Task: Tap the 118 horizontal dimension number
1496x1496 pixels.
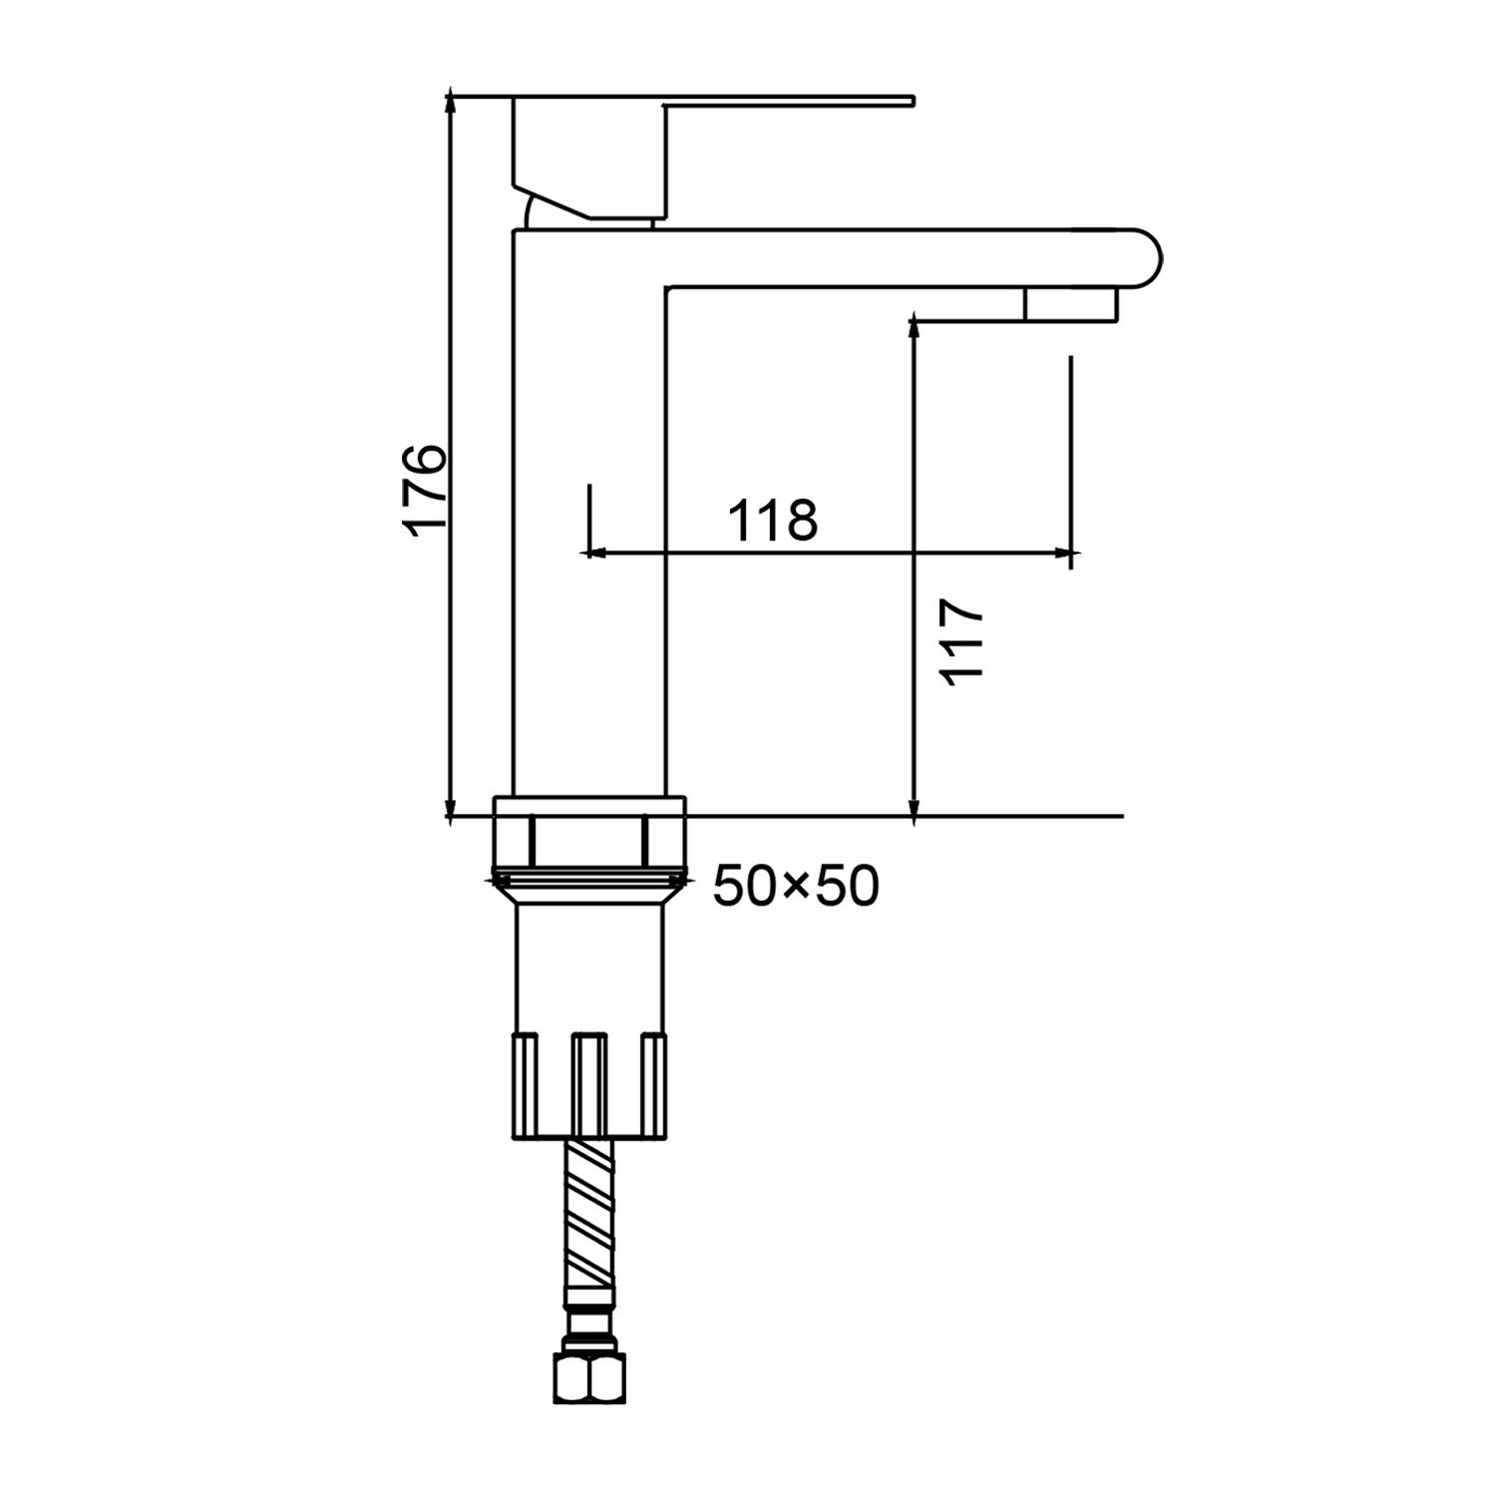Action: click(x=773, y=520)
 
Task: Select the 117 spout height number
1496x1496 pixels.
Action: click(x=963, y=640)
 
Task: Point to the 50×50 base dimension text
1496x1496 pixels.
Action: click(x=796, y=886)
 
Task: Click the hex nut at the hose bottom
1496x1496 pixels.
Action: click(x=589, y=1376)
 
